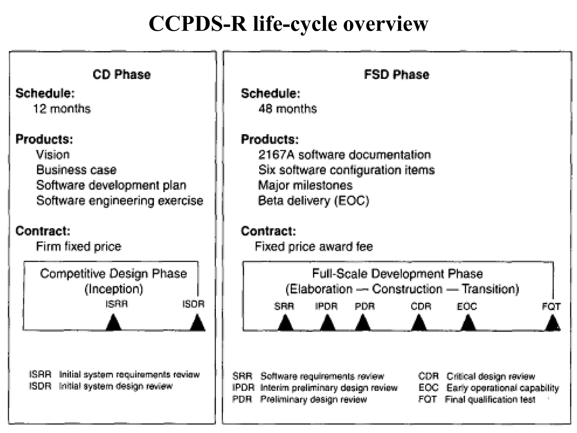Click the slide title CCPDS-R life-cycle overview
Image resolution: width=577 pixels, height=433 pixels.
click(x=288, y=24)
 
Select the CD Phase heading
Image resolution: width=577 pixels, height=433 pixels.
click(x=121, y=75)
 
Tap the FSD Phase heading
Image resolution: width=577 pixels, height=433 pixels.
click(x=396, y=75)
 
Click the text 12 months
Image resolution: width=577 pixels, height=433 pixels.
click(x=62, y=109)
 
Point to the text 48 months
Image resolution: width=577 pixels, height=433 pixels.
click(x=287, y=109)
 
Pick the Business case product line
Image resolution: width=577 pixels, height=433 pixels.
click(x=76, y=170)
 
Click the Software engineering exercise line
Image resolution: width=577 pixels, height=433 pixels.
click(x=119, y=201)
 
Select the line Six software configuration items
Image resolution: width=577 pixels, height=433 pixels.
click(x=346, y=170)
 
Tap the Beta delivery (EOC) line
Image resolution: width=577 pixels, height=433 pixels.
click(x=313, y=201)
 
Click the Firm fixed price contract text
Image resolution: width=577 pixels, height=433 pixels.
click(x=79, y=247)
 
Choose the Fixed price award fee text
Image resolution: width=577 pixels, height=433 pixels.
click(x=314, y=247)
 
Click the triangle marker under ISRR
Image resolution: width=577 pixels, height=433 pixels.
click(x=114, y=323)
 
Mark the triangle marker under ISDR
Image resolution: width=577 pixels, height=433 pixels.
click(x=197, y=323)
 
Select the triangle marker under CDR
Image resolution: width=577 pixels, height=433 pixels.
click(x=419, y=323)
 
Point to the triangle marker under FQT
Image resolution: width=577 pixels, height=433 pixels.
click(x=552, y=323)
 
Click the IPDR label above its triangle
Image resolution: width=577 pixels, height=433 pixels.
click(x=326, y=306)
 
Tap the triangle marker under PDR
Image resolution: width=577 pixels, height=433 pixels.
click(x=363, y=323)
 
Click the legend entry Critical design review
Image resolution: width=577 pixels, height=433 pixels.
click(x=490, y=376)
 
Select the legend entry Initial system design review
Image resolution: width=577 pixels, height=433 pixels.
click(x=116, y=386)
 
